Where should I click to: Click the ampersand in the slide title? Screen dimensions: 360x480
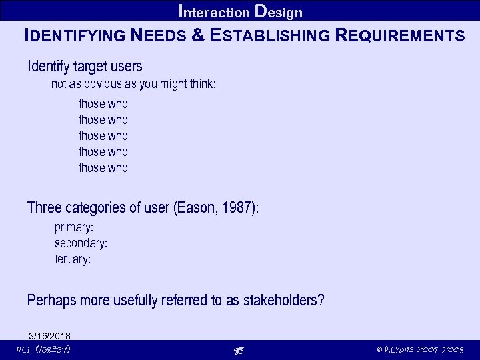(197, 35)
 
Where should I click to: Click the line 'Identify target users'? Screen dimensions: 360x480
(85, 67)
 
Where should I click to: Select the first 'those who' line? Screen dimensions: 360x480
(103, 104)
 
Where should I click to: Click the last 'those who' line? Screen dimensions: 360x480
(103, 168)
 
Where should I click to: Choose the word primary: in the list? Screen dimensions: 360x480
(74, 228)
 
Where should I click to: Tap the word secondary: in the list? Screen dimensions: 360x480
(81, 243)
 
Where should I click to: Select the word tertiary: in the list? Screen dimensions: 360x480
(73, 259)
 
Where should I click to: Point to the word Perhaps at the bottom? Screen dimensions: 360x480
(51, 301)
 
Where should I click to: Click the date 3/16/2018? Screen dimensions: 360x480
(50, 335)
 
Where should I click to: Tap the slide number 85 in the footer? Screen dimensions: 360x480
(240, 350)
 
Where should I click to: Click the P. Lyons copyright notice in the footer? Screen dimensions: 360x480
(419, 349)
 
